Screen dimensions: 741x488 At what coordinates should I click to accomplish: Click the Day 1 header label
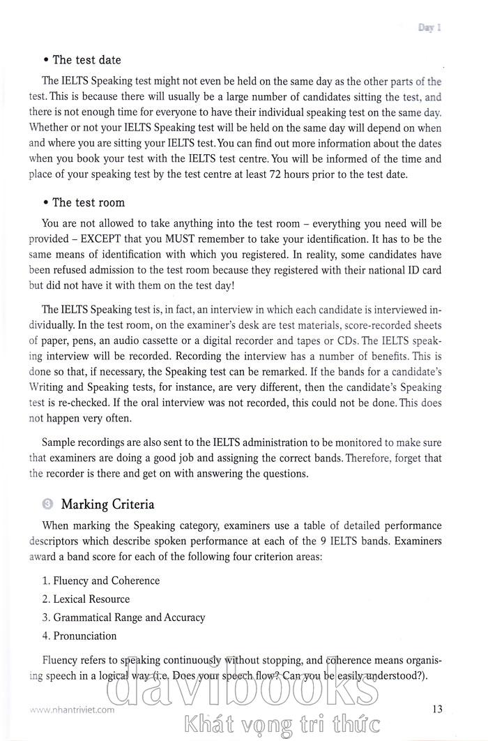(430, 28)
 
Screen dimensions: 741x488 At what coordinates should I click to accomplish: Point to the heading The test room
(84, 202)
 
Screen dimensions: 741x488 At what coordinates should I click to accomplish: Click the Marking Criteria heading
(108, 504)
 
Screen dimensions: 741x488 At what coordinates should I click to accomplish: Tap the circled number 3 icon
(47, 504)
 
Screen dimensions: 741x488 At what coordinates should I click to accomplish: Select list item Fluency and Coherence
(100, 581)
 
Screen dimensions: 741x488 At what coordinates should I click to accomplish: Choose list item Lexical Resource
(86, 599)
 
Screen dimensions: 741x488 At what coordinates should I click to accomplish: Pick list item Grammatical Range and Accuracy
(123, 617)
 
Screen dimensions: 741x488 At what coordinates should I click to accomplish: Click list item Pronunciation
(79, 636)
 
